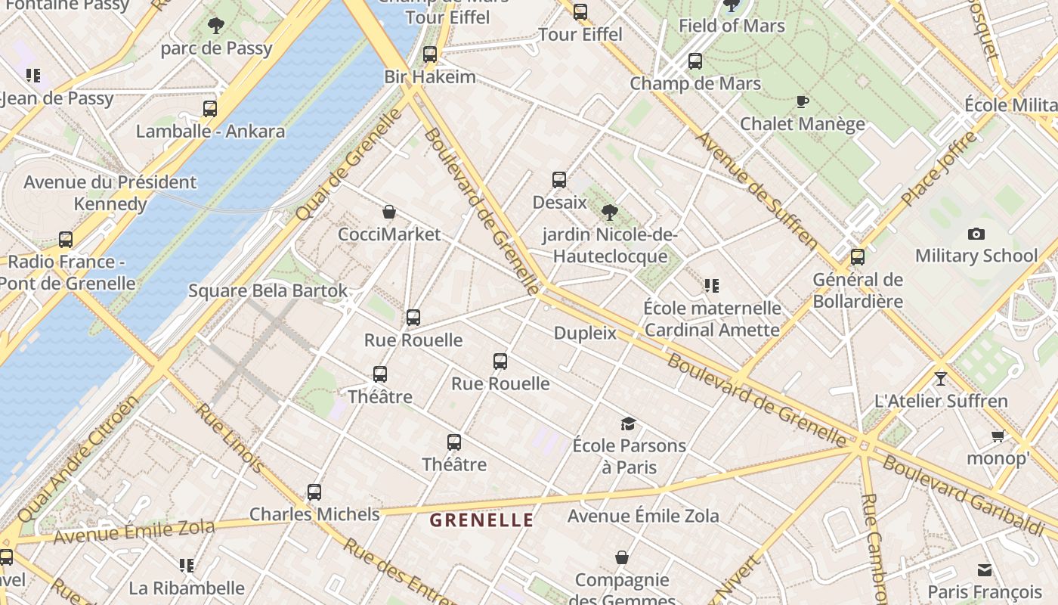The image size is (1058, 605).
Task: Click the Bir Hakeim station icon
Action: [430, 54]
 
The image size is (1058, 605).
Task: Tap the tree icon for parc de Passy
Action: [216, 26]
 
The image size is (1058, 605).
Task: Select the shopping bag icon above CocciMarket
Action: [389, 212]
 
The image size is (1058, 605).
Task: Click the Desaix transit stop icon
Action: [559, 180]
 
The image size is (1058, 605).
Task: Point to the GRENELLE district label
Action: [481, 520]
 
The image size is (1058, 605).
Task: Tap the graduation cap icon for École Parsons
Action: [628, 423]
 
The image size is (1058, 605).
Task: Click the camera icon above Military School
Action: [976, 234]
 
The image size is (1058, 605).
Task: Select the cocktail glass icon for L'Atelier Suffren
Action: [941, 378]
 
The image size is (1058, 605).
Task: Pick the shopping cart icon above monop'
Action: [998, 436]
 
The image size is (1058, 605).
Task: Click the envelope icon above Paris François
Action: [984, 569]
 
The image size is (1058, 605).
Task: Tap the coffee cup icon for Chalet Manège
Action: [803, 101]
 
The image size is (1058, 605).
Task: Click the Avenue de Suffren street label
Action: [756, 191]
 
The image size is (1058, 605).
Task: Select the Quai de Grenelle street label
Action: [349, 166]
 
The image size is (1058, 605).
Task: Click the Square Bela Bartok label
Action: [268, 290]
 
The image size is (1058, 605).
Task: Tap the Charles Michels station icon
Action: [314, 492]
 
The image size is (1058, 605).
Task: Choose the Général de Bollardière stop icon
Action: [858, 257]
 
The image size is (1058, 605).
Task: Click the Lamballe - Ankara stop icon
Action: [210, 109]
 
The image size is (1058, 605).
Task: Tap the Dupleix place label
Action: [585, 333]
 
